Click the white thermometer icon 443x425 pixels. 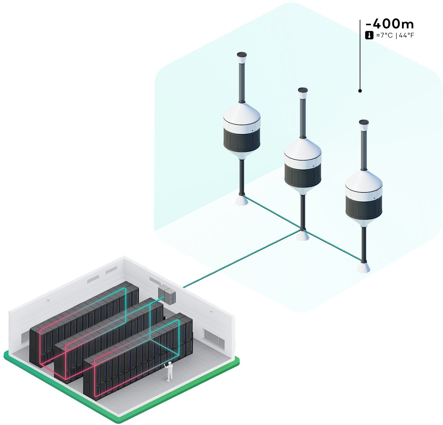click(369, 35)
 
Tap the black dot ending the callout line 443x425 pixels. click(360, 91)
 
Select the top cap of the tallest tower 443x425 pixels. click(242, 55)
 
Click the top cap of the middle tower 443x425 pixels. click(303, 90)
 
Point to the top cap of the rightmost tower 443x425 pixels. click(364, 123)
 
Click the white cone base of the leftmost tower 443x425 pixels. click(242, 200)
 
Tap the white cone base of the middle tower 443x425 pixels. click(302, 236)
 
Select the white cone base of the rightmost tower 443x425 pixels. click(364, 268)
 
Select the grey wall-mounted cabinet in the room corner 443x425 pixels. click(167, 294)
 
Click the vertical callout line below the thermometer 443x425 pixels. click(360, 62)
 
